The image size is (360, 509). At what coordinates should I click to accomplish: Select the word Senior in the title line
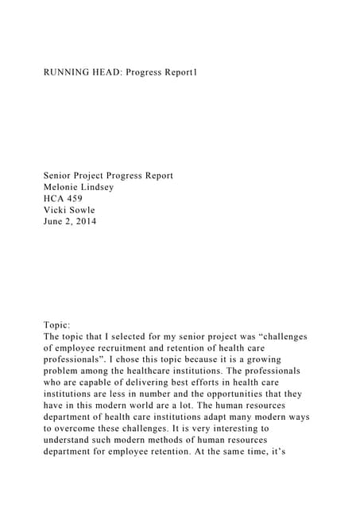click(x=60, y=175)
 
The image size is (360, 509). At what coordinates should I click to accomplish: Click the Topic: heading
click(x=57, y=324)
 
